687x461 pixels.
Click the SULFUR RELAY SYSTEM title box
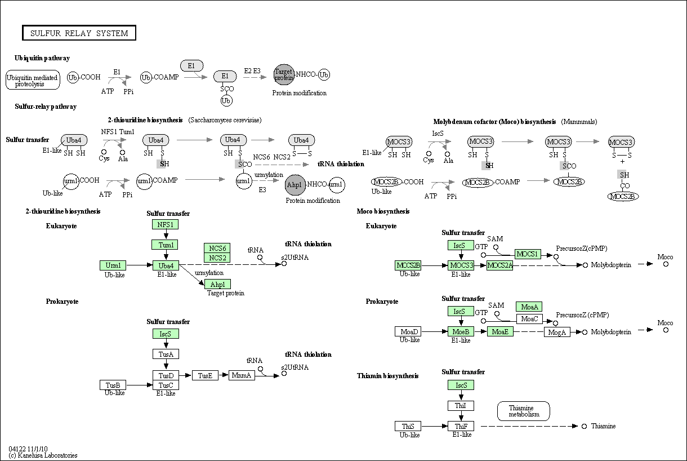click(x=79, y=33)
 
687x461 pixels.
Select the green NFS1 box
click(x=165, y=224)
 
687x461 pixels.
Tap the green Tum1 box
click(x=165, y=245)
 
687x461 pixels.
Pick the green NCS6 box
click(x=217, y=249)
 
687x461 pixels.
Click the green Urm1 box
click(x=113, y=265)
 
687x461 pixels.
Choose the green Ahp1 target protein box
click(x=217, y=284)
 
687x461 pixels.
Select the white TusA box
click(x=166, y=354)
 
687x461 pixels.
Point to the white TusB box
click(x=113, y=385)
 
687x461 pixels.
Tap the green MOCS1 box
click(x=528, y=254)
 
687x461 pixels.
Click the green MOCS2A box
click(x=499, y=265)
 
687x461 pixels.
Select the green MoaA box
click(x=529, y=307)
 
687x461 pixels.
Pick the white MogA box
click(x=557, y=332)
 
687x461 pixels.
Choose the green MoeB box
click(x=461, y=331)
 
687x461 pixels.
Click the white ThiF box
click(x=461, y=426)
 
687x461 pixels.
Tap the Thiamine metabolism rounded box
click(x=524, y=411)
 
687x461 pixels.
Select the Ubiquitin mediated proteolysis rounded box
click(x=33, y=81)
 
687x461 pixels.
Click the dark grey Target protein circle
click(x=284, y=74)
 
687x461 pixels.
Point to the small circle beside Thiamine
click(x=584, y=426)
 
